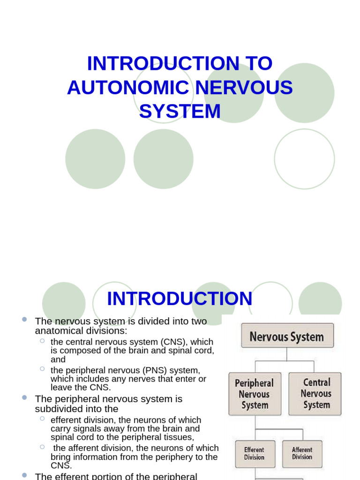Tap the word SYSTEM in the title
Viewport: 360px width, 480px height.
point(180,112)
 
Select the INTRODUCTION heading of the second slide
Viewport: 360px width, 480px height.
point(180,299)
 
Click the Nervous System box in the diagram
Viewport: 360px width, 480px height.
point(287,336)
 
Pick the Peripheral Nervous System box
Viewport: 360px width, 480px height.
point(255,394)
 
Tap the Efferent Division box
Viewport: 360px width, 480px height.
point(254,453)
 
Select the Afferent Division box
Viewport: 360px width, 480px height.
point(302,453)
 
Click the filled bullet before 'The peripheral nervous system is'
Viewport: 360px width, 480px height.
point(24,397)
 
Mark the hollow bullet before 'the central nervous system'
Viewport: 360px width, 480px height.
point(42,340)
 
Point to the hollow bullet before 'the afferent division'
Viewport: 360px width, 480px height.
point(42,447)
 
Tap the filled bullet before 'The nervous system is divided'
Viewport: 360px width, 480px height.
point(24,319)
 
